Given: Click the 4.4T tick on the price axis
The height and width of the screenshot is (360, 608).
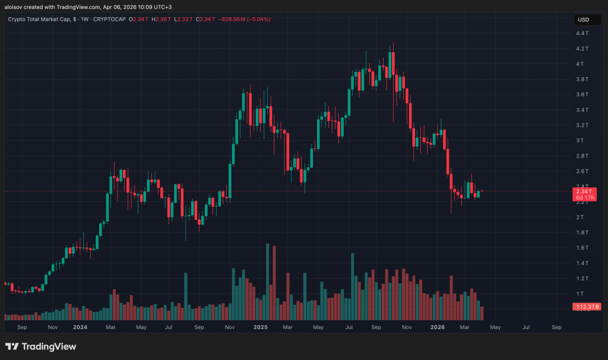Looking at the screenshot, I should (582, 33).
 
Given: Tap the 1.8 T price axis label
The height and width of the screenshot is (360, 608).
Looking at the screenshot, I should (582, 232).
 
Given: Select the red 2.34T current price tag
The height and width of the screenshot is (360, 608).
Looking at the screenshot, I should (583, 191).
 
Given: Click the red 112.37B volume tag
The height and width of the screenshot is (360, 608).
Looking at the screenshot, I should (586, 307).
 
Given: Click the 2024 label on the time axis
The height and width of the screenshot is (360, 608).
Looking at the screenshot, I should (80, 327).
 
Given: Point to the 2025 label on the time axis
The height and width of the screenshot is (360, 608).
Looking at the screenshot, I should (260, 327).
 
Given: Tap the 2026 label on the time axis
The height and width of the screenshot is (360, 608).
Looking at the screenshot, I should (438, 327).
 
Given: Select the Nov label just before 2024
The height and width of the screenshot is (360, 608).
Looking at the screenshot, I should (52, 327).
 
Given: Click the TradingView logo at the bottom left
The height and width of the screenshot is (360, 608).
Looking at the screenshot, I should (40, 346).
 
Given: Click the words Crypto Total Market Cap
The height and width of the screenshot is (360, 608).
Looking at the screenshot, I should (39, 20).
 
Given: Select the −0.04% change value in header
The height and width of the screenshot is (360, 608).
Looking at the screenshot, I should (259, 20).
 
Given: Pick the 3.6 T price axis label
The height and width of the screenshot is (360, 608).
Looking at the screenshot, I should (582, 94).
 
